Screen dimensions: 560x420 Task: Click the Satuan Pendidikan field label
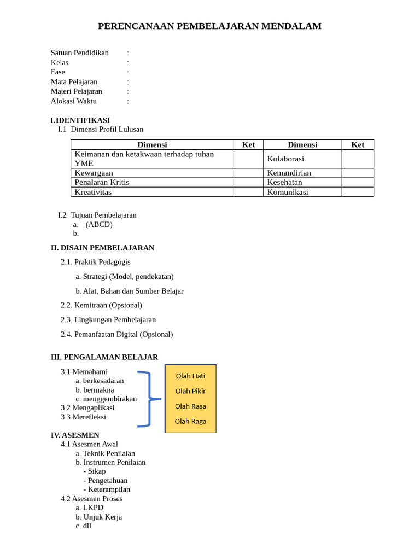[x=80, y=53]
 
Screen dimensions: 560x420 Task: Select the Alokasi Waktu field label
[x=74, y=101]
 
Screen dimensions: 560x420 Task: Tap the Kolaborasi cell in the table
[x=285, y=159]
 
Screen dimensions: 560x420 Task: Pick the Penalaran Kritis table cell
[x=102, y=182]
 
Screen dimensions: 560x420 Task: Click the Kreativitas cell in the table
[x=93, y=192]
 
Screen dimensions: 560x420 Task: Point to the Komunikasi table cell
[x=288, y=192]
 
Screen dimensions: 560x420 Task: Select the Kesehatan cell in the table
[x=284, y=182]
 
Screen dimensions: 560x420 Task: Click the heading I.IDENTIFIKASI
[x=80, y=120]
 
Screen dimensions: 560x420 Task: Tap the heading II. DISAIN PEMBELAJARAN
[x=103, y=248]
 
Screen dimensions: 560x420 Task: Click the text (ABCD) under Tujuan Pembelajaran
[x=99, y=224]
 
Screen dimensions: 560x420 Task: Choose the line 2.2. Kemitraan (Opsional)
[x=102, y=305]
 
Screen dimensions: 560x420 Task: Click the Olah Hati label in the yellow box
[x=190, y=376]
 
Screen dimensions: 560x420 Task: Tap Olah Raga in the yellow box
[x=190, y=421]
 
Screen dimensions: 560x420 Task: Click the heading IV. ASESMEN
[x=75, y=435]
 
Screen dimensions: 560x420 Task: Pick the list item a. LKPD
[x=90, y=507]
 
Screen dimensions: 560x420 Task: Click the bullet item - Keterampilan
[x=107, y=489]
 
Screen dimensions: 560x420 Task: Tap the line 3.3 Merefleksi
[x=84, y=417]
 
